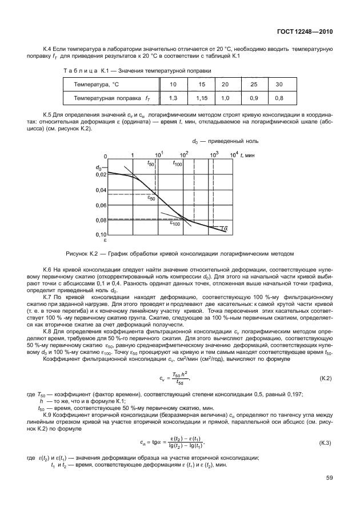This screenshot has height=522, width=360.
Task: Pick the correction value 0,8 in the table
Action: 279,98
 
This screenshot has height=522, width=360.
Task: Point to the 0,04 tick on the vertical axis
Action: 100,190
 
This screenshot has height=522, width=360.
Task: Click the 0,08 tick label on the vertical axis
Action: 100,220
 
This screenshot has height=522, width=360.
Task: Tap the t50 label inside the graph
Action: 151,164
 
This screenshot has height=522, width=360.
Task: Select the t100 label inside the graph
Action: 177,164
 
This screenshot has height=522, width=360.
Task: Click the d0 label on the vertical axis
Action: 99,168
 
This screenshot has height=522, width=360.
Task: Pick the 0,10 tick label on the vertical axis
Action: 100,234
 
